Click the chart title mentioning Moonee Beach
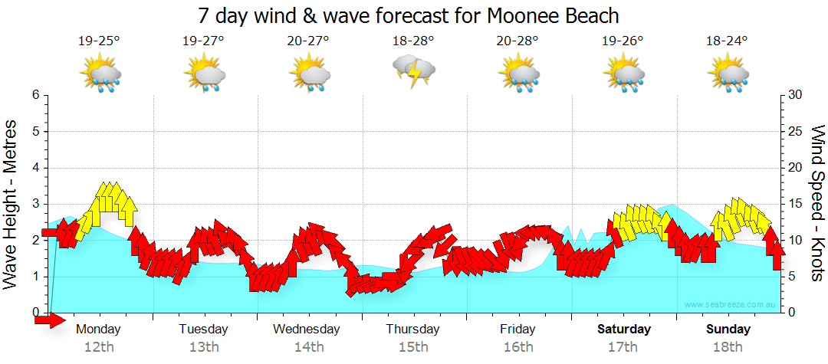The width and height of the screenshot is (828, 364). pos(408,15)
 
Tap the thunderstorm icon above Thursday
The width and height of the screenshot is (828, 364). pos(414,72)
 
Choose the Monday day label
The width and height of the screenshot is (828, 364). pos(99,330)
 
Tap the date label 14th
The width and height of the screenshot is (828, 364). pos(309,346)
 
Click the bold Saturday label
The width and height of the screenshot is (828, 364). pos(624,330)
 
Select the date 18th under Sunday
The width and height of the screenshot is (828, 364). pos(728,346)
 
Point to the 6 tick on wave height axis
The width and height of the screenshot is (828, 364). pos(34,95)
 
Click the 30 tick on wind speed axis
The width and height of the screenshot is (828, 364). pos(795,95)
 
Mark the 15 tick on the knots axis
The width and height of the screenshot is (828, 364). pos(795,204)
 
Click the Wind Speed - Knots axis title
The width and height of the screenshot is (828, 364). pos(816,203)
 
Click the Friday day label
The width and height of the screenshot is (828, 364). pos(517,330)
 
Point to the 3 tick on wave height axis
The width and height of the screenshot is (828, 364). pos(34,204)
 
